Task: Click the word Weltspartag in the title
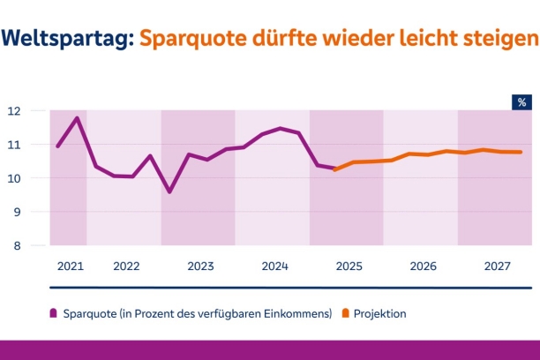pos(68,39)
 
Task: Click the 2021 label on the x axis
pos(69,266)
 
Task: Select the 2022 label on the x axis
pos(126,266)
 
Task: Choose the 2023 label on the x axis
pos(200,266)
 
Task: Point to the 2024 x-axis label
pos(274,266)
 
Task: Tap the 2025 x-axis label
pos(349,266)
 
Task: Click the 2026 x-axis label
pos(423,266)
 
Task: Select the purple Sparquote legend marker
pos(54,313)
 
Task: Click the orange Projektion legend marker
pos(345,313)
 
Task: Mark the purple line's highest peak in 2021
pos(78,118)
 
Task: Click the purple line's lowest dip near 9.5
pos(169,191)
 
